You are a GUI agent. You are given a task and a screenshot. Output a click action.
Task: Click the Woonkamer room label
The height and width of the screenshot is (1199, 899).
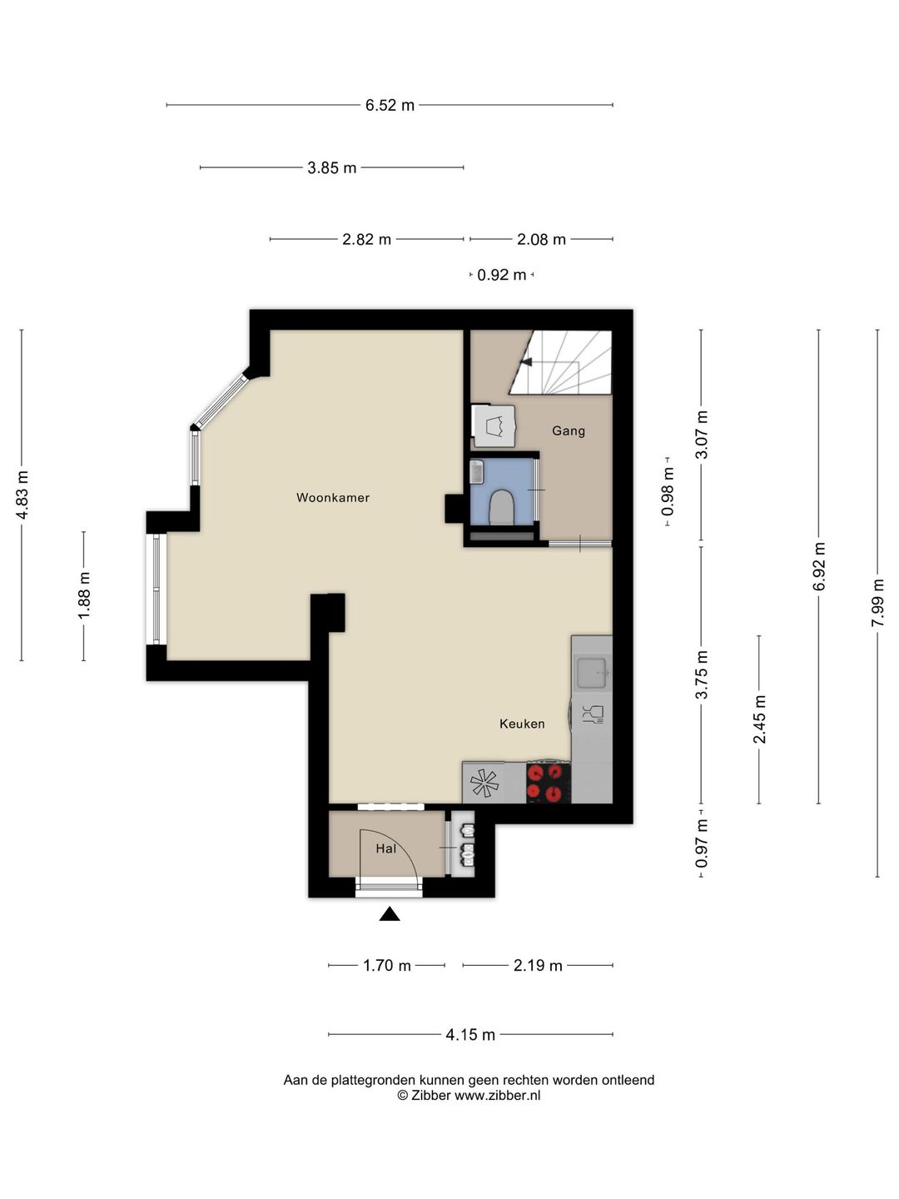(332, 498)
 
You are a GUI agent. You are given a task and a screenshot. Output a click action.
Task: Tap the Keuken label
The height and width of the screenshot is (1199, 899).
(522, 724)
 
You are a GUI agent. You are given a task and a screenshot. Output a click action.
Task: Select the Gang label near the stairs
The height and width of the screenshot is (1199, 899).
(569, 431)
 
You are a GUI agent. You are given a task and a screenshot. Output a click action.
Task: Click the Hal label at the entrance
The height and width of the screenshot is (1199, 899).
(386, 848)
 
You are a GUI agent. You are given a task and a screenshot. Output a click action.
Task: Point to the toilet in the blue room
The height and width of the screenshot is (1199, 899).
(501, 507)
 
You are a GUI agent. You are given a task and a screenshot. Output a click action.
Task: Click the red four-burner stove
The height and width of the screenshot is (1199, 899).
(549, 782)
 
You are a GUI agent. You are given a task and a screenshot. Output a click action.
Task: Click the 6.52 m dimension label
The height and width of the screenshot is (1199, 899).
(390, 105)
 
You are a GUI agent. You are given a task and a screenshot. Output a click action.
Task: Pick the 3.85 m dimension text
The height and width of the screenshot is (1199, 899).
(332, 167)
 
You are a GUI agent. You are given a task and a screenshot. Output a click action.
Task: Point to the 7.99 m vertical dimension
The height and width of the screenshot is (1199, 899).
(877, 604)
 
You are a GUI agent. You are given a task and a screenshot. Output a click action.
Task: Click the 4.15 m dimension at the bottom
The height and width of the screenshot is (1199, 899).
(470, 1035)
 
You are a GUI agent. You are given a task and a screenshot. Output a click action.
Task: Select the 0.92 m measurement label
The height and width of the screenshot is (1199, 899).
(502, 275)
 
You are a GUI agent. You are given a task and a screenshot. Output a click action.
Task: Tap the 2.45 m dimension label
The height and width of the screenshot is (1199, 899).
(759, 719)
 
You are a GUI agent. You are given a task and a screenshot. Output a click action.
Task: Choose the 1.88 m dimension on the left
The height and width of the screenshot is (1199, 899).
(83, 595)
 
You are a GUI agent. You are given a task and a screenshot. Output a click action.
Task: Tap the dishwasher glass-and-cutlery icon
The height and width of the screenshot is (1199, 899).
(593, 714)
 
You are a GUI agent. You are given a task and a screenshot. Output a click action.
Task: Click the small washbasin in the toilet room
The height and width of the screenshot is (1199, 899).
(476, 472)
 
